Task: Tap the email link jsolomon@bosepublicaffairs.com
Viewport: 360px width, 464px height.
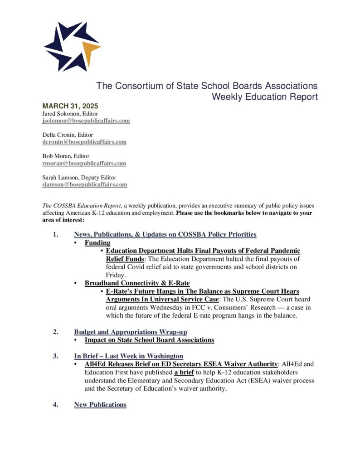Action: [x=86, y=121]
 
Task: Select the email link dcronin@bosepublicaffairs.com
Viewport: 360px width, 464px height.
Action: [x=84, y=142]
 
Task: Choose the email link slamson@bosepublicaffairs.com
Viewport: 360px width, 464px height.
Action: [x=85, y=184]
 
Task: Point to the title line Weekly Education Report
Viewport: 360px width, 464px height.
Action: [x=265, y=97]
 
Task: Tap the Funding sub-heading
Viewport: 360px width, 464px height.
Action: [x=97, y=243]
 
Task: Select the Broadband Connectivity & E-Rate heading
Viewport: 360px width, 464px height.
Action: [x=137, y=283]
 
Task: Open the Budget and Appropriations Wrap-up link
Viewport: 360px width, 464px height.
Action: [x=131, y=332]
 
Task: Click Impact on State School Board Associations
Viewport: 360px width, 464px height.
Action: [x=149, y=339]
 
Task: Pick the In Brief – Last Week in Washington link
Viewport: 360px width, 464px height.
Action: [x=128, y=356]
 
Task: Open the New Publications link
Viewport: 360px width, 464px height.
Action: [x=100, y=405]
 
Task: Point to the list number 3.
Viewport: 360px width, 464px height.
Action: [x=55, y=356]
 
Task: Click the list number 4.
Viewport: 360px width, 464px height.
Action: [x=55, y=405]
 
